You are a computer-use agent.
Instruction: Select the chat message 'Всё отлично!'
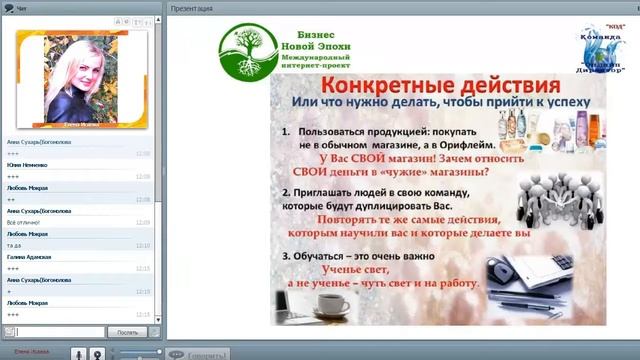[23, 222]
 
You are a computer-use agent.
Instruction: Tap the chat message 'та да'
[14, 245]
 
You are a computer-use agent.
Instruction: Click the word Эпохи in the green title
[337, 47]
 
